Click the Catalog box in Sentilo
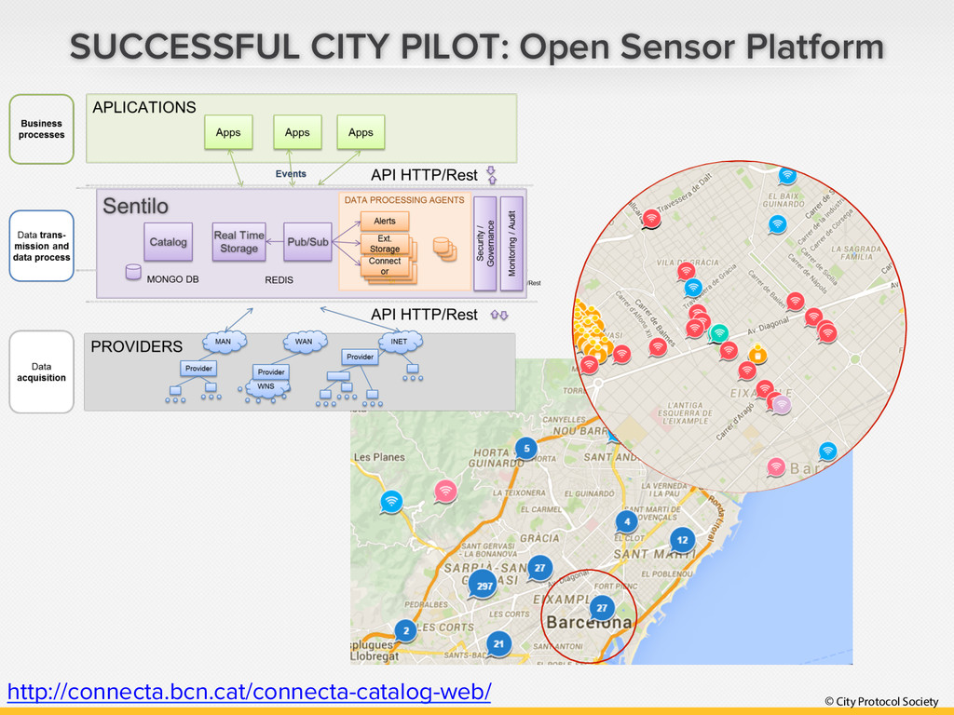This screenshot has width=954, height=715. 168,242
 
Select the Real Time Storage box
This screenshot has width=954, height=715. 238,242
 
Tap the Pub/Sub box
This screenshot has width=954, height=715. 307,242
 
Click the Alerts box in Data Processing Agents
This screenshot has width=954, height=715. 385,221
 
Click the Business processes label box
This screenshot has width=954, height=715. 41,129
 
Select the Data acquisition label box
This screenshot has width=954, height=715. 41,372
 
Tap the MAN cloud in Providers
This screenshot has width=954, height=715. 223,342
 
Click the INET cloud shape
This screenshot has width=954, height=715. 399,342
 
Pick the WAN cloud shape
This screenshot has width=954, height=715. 304,342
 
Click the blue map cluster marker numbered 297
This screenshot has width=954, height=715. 484,586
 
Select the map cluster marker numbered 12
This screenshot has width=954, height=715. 682,539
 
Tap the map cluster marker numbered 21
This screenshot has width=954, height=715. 498,643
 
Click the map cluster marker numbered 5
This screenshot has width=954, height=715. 526,448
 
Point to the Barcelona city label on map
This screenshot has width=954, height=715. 589,622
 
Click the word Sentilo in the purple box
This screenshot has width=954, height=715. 136,205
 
